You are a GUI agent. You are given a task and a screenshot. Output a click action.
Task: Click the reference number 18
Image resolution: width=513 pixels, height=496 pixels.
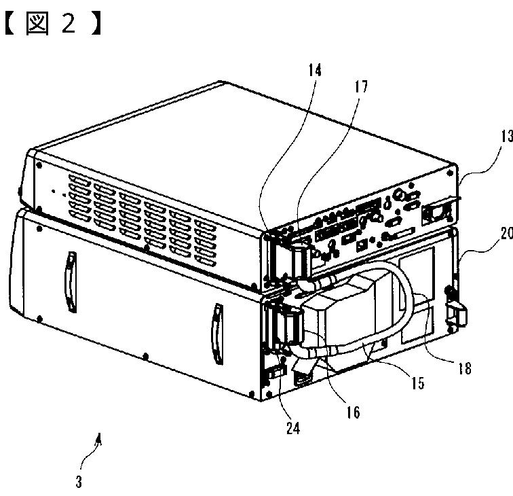click(x=464, y=369)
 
